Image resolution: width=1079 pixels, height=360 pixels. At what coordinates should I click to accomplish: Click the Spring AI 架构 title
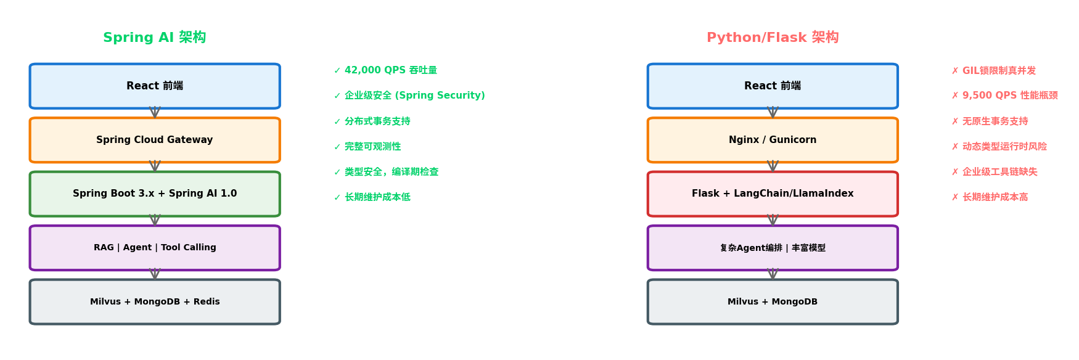(154, 38)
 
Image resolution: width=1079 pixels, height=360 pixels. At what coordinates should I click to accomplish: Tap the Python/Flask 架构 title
(772, 38)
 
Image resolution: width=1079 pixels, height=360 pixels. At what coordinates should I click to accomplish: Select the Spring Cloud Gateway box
(155, 140)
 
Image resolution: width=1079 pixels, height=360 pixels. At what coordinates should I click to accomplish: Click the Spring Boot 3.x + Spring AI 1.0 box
(155, 194)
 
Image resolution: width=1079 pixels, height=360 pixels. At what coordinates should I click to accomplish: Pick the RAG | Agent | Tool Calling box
(155, 248)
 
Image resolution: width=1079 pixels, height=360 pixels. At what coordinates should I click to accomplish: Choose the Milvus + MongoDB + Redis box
(155, 301)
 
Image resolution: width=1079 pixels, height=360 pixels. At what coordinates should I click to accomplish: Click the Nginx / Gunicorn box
(773, 140)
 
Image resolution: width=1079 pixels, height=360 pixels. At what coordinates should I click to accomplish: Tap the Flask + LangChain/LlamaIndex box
(773, 194)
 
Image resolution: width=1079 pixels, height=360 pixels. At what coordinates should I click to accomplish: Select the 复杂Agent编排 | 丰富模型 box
(773, 248)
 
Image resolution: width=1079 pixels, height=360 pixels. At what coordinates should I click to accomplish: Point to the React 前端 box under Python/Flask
(773, 86)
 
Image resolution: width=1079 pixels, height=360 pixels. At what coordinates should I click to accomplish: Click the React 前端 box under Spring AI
(155, 86)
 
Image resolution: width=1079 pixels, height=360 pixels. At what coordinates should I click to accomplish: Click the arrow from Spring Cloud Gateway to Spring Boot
(155, 166)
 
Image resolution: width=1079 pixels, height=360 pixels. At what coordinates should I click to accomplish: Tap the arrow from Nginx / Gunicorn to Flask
(773, 166)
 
